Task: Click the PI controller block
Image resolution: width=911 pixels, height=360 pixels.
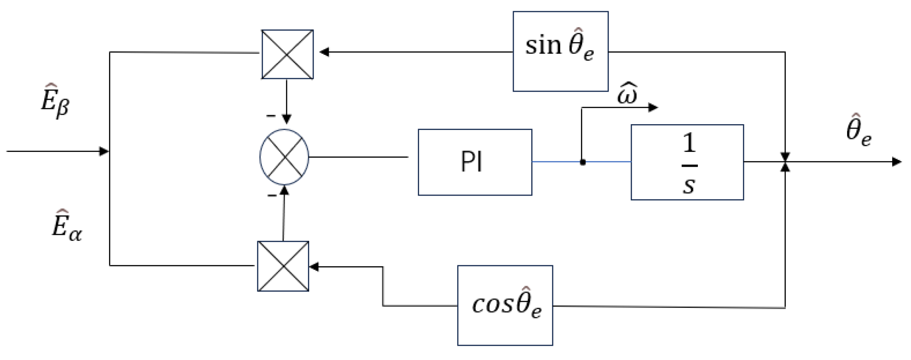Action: (474, 162)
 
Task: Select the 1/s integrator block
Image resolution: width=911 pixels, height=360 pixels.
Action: (687, 162)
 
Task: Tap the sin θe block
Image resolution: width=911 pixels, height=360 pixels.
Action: (560, 51)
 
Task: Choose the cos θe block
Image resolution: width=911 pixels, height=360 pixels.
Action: (505, 306)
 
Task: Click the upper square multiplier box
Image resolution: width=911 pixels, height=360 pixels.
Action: (287, 54)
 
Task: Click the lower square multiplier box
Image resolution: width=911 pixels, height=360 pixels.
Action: (283, 266)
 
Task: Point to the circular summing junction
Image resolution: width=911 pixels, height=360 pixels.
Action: (284, 157)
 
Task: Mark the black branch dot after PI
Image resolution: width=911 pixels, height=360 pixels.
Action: (582, 163)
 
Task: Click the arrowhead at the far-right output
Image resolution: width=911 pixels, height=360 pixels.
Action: (896, 162)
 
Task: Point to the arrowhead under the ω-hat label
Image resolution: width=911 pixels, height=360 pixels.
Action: (653, 107)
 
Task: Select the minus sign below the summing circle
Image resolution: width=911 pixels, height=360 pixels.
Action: (271, 196)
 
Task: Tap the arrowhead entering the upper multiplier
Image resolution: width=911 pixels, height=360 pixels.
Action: (324, 52)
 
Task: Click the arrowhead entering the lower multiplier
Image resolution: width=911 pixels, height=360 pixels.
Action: (314, 267)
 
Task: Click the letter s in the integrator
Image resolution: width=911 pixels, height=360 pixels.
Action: (688, 185)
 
